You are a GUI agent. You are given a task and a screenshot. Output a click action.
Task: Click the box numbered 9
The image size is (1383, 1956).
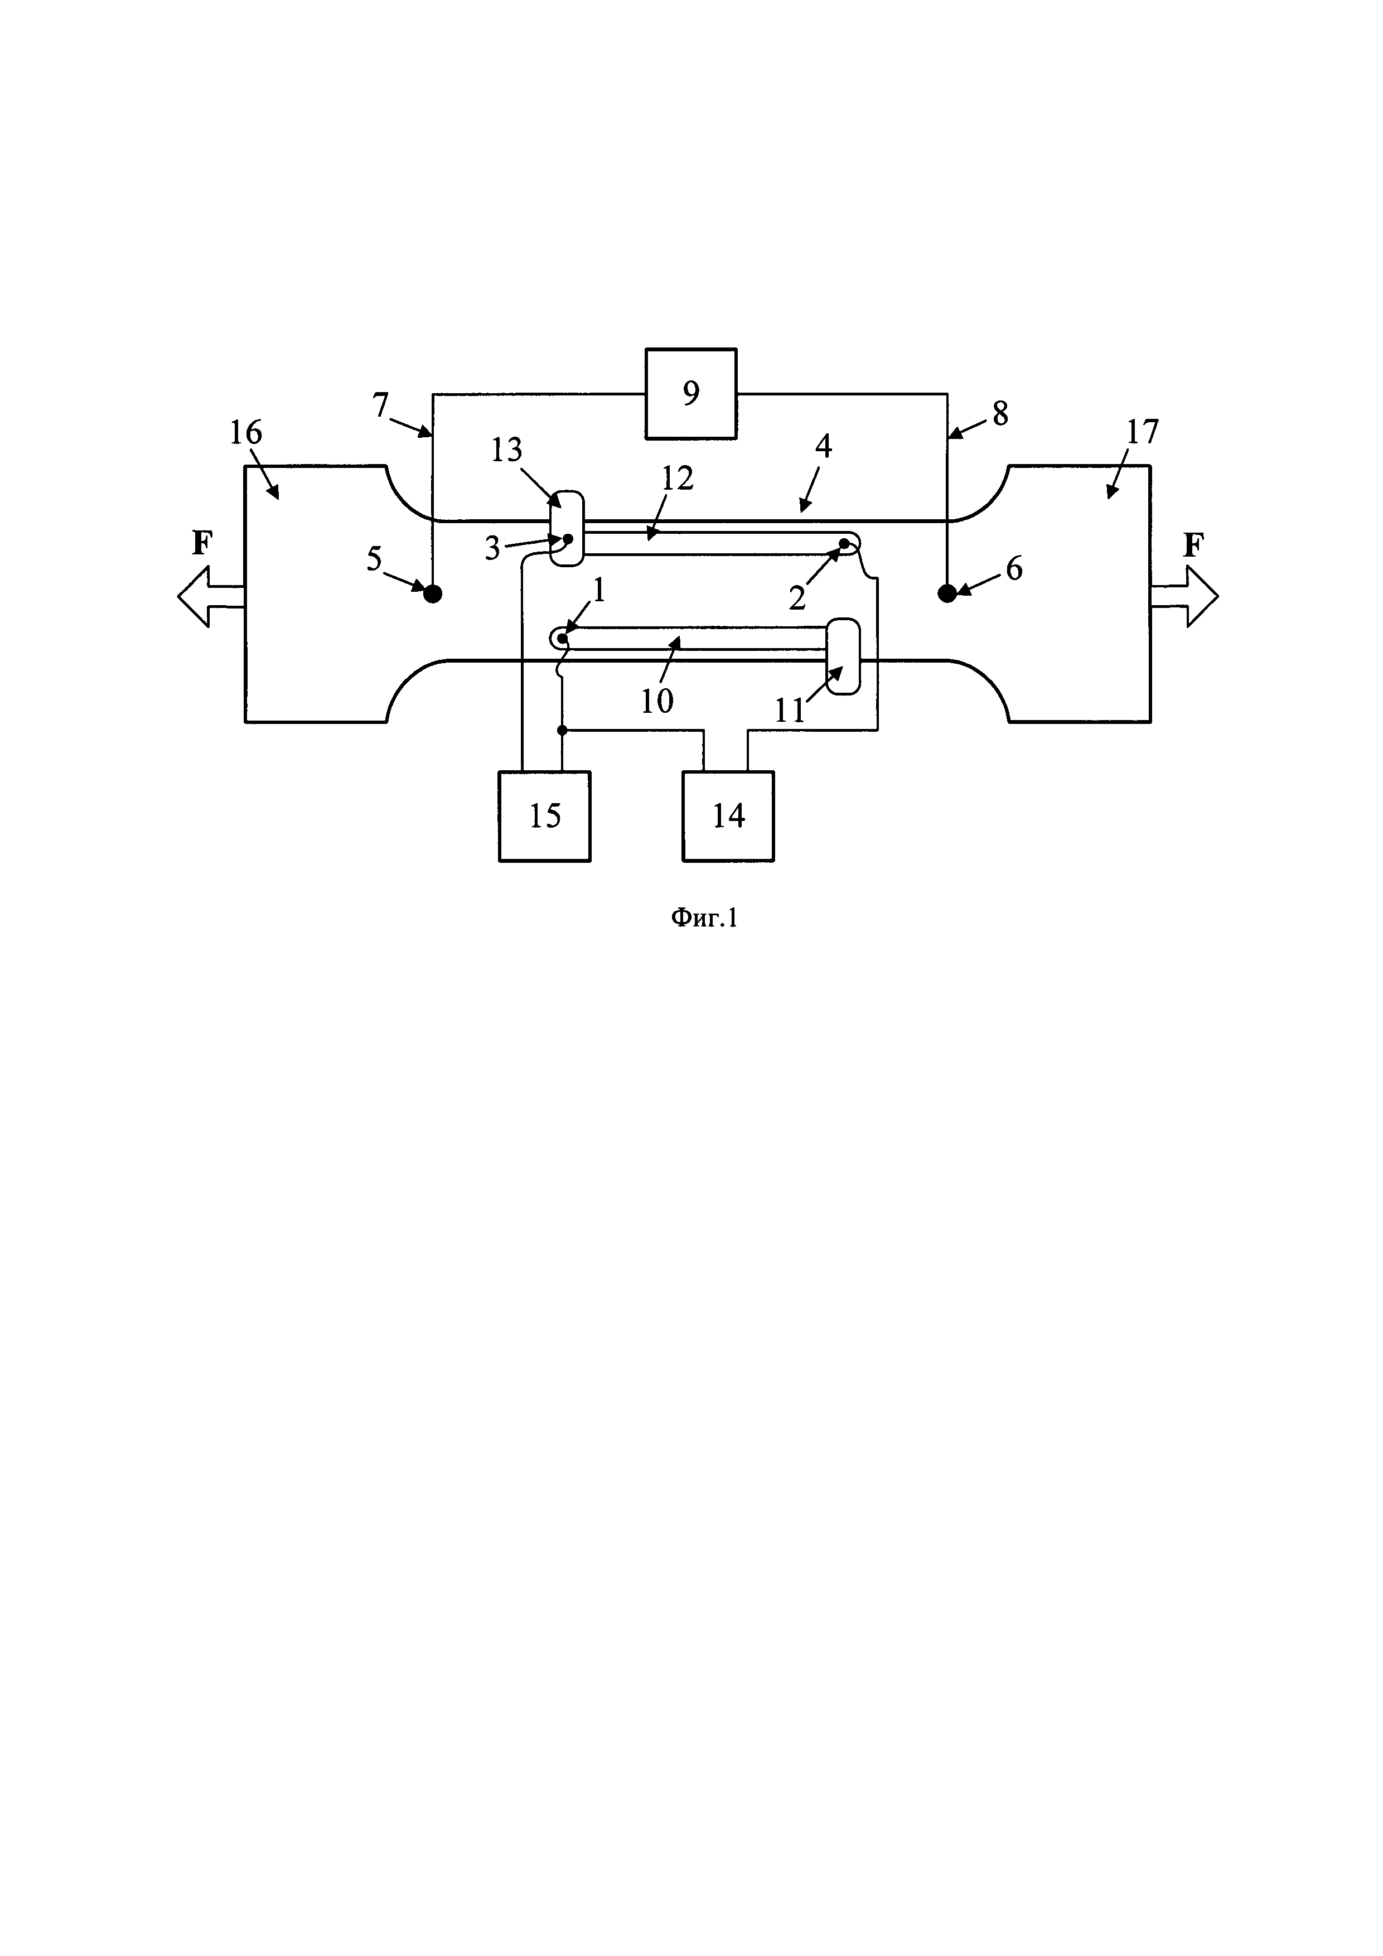(x=690, y=394)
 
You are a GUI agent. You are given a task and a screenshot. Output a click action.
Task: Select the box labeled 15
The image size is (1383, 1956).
(x=544, y=816)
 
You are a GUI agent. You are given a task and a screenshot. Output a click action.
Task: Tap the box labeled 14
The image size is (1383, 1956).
(x=728, y=816)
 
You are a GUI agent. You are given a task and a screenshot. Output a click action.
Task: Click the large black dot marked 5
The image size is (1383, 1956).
(x=433, y=594)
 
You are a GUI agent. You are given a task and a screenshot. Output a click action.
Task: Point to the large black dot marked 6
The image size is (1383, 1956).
(x=947, y=594)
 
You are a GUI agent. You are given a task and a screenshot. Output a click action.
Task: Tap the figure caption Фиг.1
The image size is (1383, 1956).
(x=703, y=917)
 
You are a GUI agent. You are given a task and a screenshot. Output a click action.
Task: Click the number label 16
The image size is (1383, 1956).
(x=246, y=433)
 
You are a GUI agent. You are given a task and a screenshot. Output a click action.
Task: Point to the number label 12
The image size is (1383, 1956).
(x=678, y=478)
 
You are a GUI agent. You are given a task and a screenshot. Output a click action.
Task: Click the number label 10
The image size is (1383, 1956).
(x=656, y=701)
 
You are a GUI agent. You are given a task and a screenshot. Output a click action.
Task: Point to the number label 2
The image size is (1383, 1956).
(x=797, y=598)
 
